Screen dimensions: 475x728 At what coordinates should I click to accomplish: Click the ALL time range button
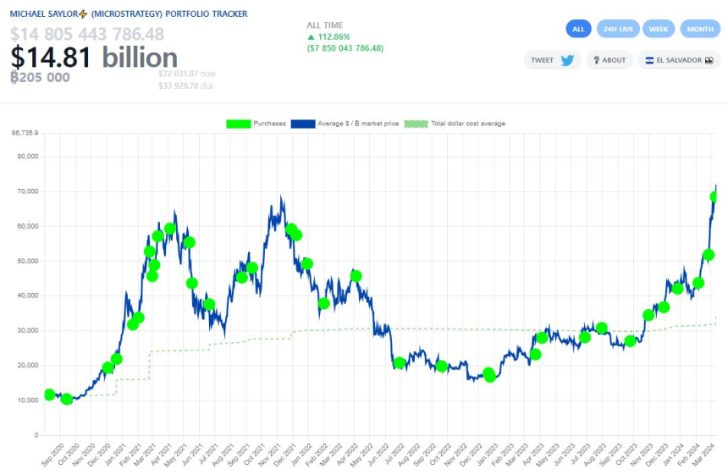(578, 29)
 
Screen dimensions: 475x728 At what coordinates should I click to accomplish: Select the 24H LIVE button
(618, 29)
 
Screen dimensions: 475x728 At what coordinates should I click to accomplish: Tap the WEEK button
(658, 29)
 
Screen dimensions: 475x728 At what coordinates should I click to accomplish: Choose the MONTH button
(700, 29)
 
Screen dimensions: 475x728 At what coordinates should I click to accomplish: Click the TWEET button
(552, 60)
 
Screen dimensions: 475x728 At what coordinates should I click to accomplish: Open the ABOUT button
(609, 60)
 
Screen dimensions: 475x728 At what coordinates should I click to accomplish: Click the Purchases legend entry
(256, 124)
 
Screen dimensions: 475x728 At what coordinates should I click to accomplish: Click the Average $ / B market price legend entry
(345, 124)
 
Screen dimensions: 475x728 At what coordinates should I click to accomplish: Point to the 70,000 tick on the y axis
(25, 191)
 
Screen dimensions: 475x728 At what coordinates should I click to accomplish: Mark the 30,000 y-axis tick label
(25, 331)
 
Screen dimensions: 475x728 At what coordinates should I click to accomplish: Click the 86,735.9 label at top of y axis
(25, 133)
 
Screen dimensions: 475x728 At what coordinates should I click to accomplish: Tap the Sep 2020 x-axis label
(53, 455)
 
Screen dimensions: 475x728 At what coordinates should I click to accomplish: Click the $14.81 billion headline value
(94, 58)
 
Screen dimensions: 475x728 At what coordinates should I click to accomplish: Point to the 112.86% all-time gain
(334, 37)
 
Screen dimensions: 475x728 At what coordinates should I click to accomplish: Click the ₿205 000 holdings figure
(40, 77)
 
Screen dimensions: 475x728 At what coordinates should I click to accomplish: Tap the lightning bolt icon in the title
(83, 14)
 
